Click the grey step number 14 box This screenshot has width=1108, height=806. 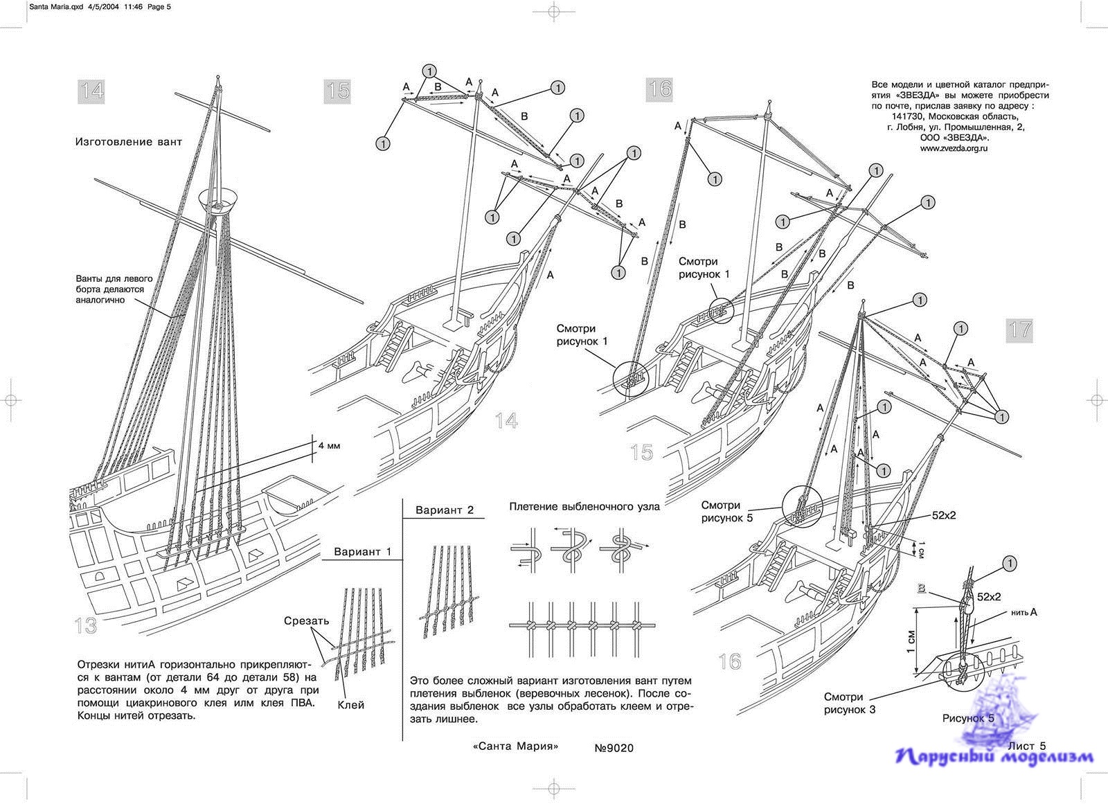[x=92, y=91]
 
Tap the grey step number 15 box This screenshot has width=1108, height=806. [x=338, y=91]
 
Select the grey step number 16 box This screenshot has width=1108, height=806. [x=660, y=89]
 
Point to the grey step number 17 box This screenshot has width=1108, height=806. [x=1020, y=330]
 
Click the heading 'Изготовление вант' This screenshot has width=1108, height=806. [x=129, y=142]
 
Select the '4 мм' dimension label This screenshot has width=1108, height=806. [x=329, y=446]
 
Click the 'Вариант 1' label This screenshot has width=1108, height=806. [x=363, y=552]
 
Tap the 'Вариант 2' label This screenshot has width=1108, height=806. [x=445, y=510]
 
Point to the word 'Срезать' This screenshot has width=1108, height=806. [x=306, y=620]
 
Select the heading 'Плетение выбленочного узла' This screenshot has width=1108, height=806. [x=584, y=506]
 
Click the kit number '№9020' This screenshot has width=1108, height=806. [x=614, y=748]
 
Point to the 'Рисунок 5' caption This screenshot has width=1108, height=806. [x=968, y=718]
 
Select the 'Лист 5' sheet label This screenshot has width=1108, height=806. [x=1027, y=746]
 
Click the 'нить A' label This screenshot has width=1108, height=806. [x=1024, y=612]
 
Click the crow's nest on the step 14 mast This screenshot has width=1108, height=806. [x=217, y=199]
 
